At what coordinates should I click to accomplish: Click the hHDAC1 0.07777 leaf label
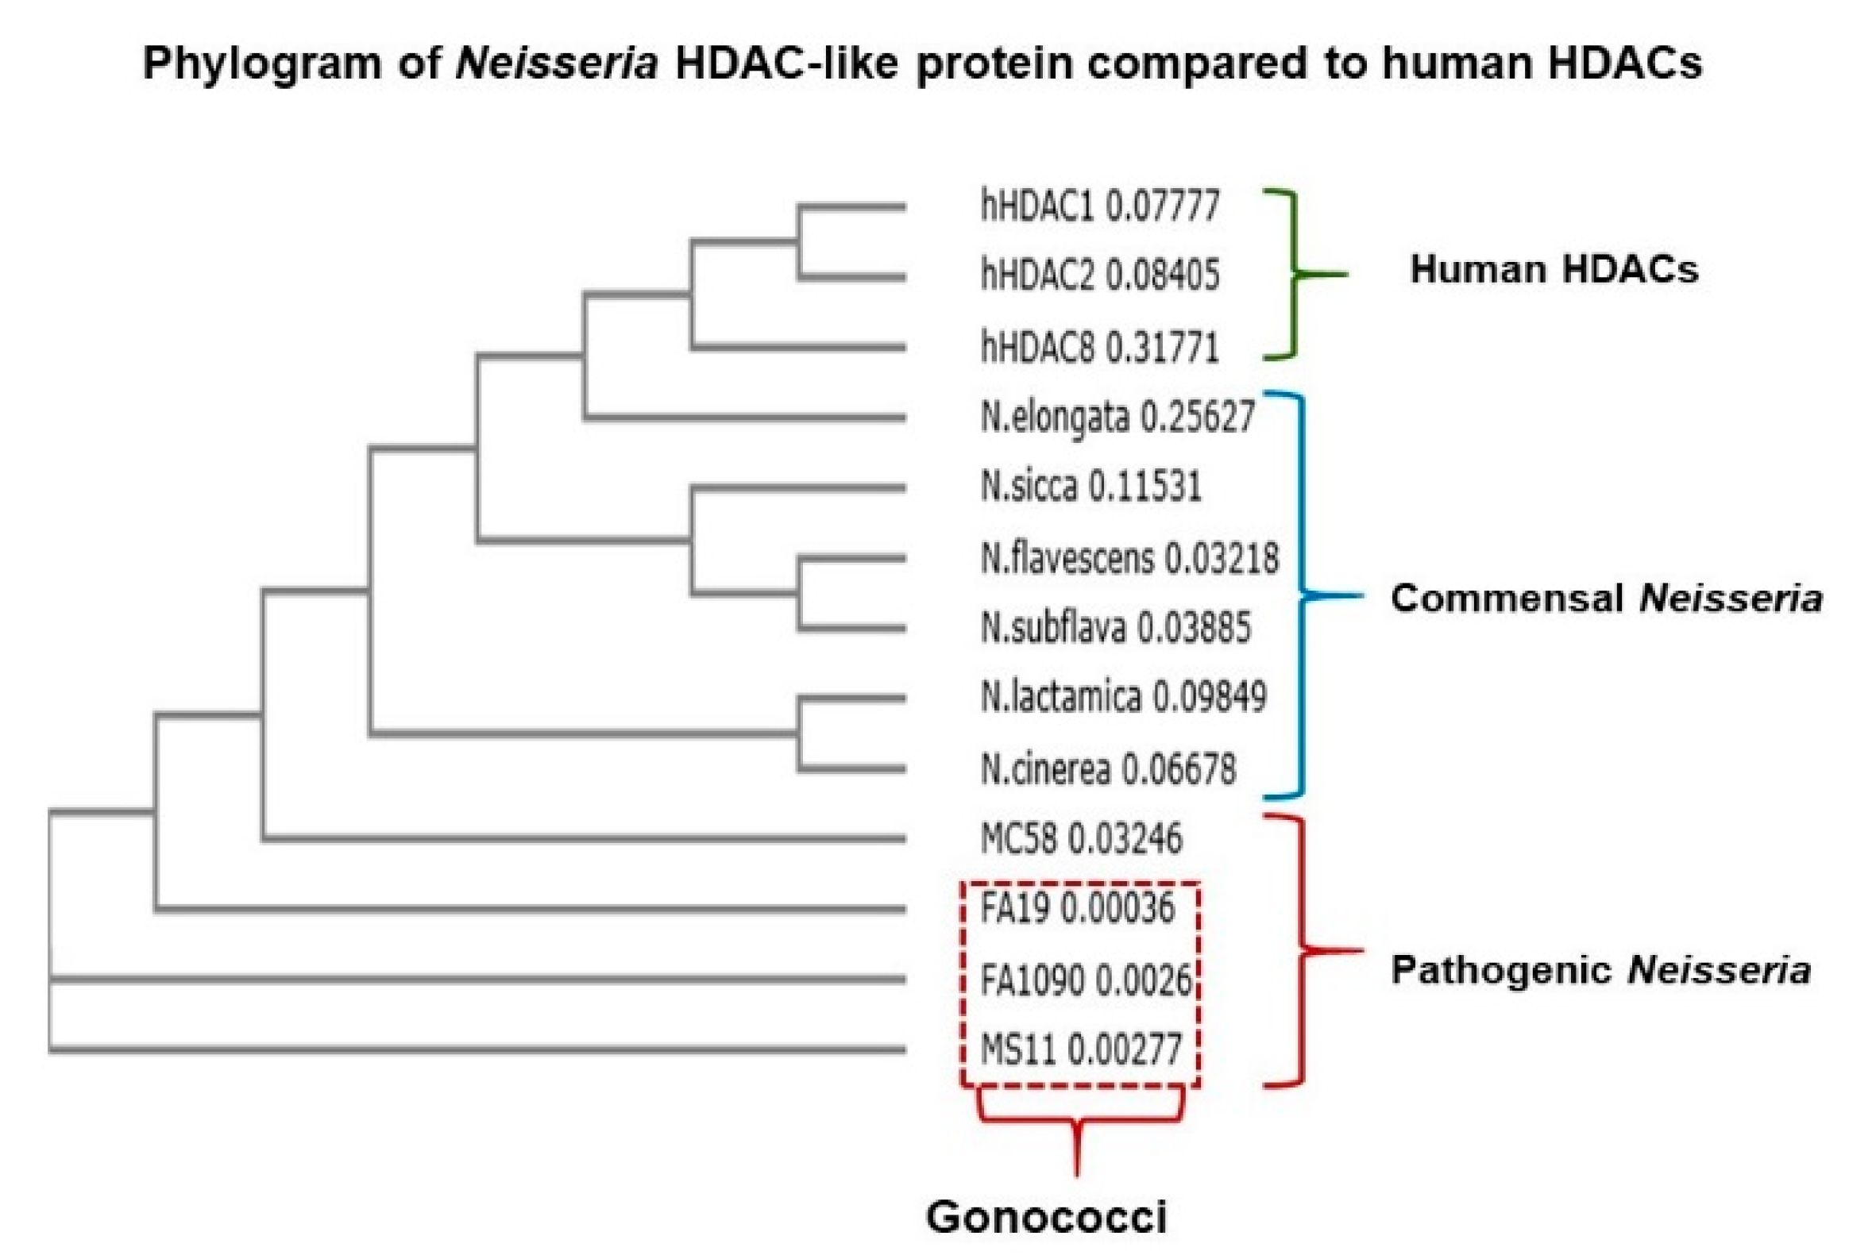pos(1099,206)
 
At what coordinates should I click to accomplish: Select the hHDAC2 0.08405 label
pos(1099,276)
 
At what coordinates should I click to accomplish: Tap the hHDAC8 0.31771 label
pos(1099,347)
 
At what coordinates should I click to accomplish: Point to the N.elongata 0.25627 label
pos(1117,417)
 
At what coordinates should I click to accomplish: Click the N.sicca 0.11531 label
pos(1090,487)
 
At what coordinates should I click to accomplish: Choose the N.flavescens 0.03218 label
pos(1129,557)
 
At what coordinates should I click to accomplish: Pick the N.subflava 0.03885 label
pos(1115,627)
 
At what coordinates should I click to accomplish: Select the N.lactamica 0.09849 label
pos(1123,698)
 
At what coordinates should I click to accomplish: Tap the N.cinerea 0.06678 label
pos(1108,768)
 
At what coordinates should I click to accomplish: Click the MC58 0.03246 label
pos(1081,838)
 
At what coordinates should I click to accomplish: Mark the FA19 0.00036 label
pos(1077,908)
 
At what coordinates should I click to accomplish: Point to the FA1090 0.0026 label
pos(1085,980)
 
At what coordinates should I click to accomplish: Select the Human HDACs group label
pos(1554,270)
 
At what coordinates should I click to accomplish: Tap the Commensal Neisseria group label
pos(1605,598)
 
